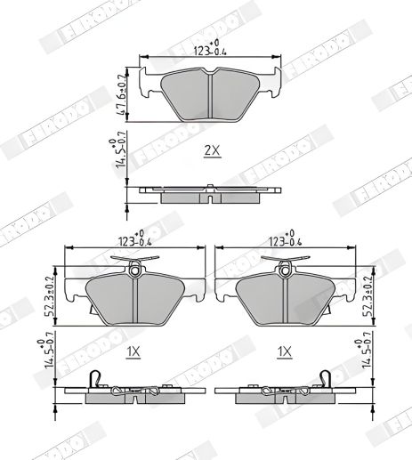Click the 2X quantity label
point(211,150)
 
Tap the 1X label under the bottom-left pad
point(133,352)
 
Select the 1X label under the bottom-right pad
point(284,352)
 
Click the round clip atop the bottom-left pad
point(133,267)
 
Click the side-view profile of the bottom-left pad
point(133,391)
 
